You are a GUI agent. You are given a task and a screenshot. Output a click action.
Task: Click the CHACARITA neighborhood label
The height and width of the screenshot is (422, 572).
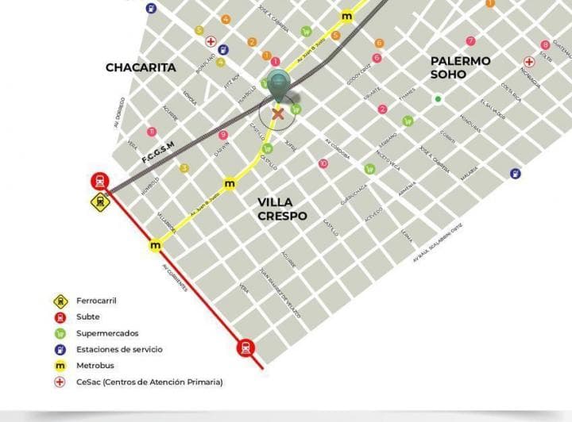[x=141, y=67]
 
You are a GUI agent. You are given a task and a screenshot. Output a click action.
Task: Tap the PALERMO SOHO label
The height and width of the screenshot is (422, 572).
[x=460, y=67]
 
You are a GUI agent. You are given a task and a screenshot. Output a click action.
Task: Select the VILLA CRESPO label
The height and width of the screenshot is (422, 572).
[x=282, y=209]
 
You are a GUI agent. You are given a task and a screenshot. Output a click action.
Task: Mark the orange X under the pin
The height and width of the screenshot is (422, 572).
[x=278, y=113]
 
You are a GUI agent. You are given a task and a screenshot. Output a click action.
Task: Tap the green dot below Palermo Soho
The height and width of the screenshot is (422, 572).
[x=438, y=99]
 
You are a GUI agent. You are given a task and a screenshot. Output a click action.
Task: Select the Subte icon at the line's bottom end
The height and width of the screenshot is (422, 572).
[x=246, y=347]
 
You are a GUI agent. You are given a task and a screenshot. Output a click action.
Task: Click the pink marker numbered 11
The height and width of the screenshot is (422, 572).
[x=151, y=131]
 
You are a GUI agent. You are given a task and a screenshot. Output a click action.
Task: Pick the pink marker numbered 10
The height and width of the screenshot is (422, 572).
[x=323, y=163]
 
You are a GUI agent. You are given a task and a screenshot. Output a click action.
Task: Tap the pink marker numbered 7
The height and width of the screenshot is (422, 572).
[x=471, y=40]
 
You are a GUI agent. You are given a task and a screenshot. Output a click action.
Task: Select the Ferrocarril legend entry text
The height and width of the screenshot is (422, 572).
[x=95, y=301]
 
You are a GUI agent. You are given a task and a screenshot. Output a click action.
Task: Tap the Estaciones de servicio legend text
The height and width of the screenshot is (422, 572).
[x=119, y=349]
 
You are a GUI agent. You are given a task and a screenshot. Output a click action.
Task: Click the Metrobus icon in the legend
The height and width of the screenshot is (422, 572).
[x=60, y=366]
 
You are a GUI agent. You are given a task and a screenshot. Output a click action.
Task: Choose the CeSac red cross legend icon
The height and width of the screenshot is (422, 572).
[x=60, y=382]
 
